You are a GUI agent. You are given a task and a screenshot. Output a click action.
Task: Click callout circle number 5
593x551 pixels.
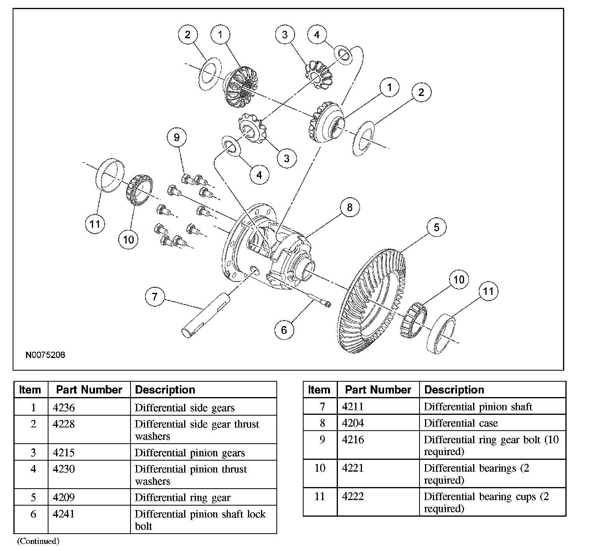436,227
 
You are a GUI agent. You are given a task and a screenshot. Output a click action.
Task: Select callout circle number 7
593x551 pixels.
155,296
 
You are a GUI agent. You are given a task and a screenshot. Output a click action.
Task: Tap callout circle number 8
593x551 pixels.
350,208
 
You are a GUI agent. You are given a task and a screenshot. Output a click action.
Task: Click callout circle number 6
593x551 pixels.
284,330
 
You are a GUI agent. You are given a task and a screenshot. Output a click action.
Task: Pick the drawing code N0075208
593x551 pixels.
45,355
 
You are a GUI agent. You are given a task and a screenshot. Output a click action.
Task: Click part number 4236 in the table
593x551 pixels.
63,408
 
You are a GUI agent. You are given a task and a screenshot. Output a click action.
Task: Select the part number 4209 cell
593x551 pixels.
63,498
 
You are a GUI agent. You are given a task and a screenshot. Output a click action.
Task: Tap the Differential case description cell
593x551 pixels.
461,424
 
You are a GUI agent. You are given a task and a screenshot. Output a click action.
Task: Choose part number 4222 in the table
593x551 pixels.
353,497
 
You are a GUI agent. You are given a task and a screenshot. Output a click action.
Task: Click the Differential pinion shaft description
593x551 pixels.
477,407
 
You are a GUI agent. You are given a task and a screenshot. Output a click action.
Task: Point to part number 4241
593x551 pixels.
63,514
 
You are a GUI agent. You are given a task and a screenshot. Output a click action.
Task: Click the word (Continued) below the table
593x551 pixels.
38,541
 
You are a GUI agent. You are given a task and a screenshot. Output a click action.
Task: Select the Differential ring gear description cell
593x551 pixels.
182,498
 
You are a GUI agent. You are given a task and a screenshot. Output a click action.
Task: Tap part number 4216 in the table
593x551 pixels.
353,440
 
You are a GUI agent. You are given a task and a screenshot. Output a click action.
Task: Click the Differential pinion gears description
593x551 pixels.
190,453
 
